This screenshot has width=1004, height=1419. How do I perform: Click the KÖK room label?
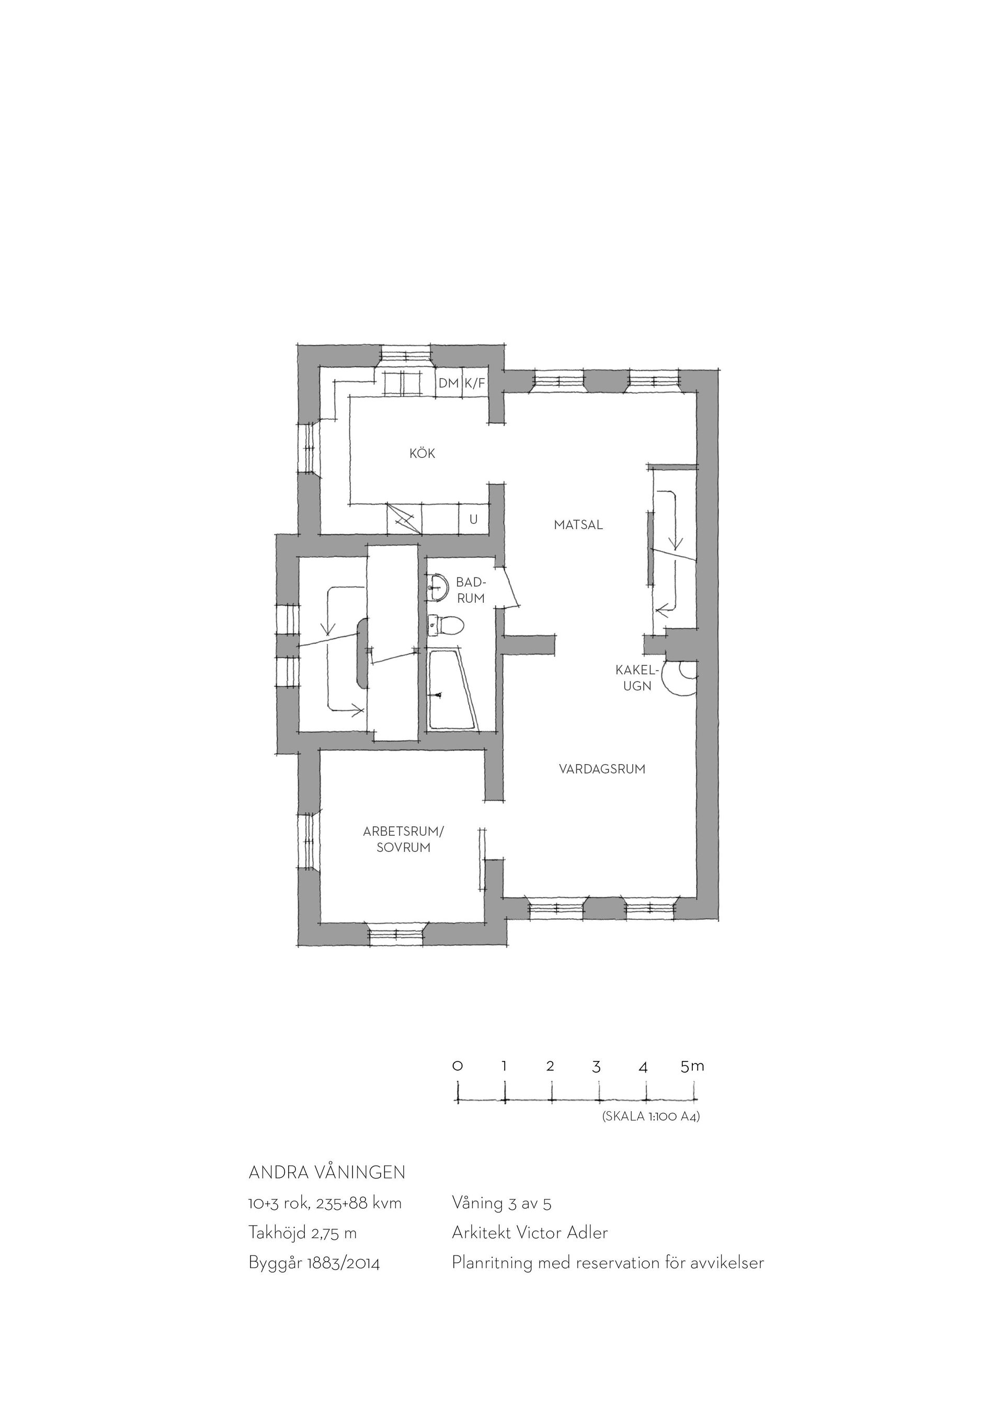pos(422,454)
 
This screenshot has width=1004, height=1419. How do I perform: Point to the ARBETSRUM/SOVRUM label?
pos(404,840)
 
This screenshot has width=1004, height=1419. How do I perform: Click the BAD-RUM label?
pos(471,590)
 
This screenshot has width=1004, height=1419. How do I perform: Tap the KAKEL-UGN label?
pos(637,678)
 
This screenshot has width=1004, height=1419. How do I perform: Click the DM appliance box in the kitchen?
pos(449,383)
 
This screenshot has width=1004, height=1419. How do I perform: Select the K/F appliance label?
pos(475,383)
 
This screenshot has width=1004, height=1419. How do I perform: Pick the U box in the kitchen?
pos(474,520)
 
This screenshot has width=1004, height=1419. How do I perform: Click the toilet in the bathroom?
pos(447,626)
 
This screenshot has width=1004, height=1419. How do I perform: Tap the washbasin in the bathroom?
pos(438,586)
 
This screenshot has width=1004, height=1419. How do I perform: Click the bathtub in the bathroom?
pos(453,689)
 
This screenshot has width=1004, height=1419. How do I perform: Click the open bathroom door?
pos(511,587)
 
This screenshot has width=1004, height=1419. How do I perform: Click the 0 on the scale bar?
pos(458,1066)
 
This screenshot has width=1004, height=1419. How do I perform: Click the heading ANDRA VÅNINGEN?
pos(327,1172)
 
